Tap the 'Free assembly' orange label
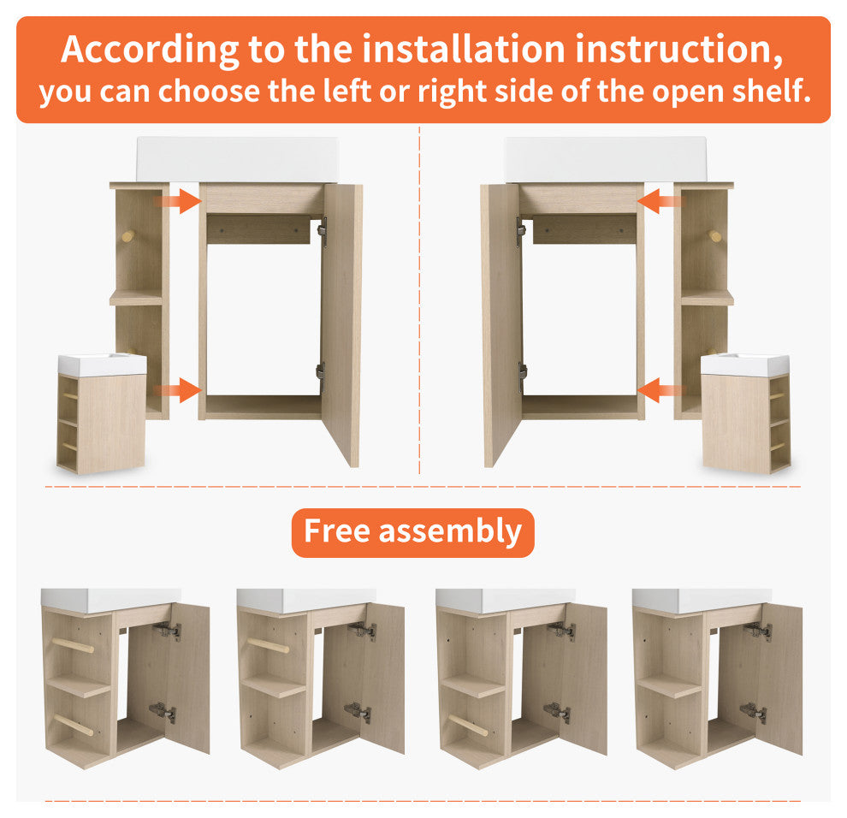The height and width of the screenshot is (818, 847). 412,531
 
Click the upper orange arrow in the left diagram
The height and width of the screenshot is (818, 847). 180,202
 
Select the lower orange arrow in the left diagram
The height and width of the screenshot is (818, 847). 180,391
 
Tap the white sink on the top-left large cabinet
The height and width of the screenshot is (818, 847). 237,159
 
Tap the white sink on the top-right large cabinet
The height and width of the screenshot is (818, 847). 605,159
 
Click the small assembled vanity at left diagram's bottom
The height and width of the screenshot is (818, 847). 102,413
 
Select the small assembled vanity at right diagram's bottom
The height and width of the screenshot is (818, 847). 744,413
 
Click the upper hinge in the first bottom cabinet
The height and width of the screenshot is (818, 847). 167,631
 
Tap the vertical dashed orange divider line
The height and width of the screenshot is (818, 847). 419,299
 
